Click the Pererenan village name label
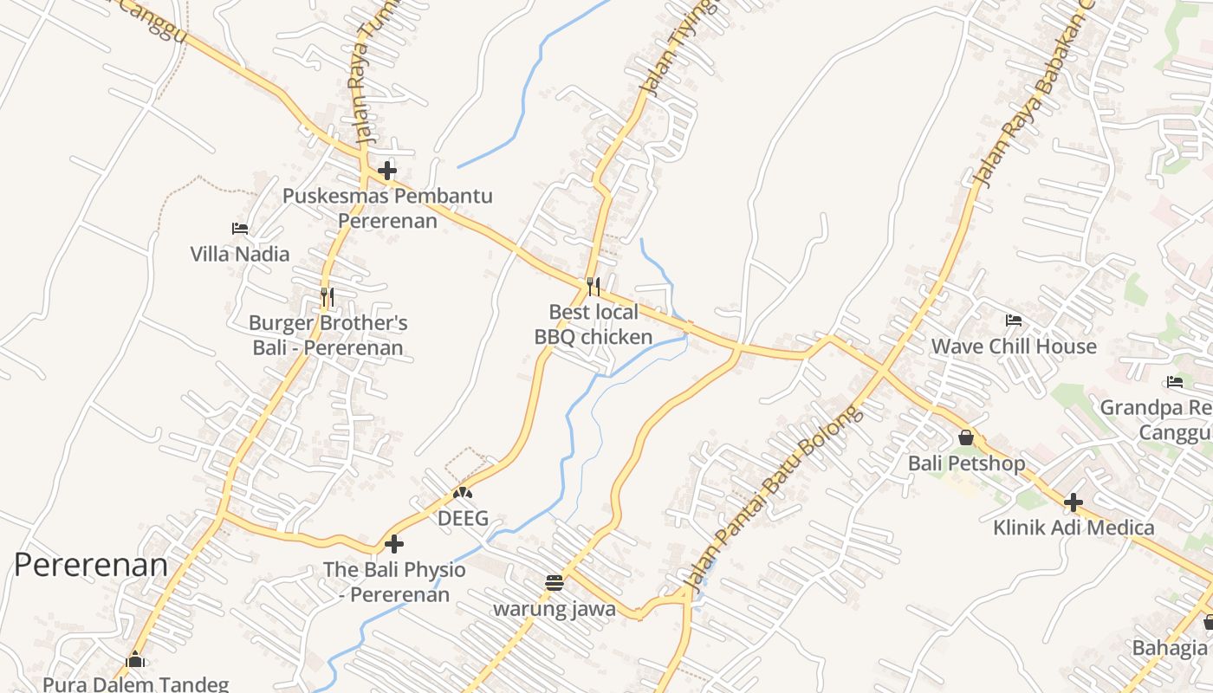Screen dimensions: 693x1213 coord(91,565)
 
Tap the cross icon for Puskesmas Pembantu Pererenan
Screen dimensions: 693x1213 coord(387,171)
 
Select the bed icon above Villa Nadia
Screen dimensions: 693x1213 coord(240,229)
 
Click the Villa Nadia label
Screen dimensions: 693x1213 coord(240,254)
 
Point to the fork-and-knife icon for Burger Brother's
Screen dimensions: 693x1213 coord(327,297)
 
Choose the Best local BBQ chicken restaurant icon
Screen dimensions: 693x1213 coord(594,286)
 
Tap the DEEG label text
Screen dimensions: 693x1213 coord(463,519)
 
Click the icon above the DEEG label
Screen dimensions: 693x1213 coord(463,493)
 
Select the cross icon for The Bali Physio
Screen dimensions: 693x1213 coord(394,544)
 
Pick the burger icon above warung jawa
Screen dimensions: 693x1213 coord(555,582)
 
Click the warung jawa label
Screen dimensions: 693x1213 coord(555,609)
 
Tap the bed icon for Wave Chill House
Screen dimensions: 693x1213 coord(1014,321)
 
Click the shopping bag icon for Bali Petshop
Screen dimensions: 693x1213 coord(966,437)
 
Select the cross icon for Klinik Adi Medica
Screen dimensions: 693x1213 coord(1074,502)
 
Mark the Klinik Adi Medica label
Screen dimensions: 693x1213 coord(1074,528)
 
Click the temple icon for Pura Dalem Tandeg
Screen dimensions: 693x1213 coord(134,660)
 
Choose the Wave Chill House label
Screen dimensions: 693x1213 coord(1014,346)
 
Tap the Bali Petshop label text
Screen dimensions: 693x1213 coord(966,463)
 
